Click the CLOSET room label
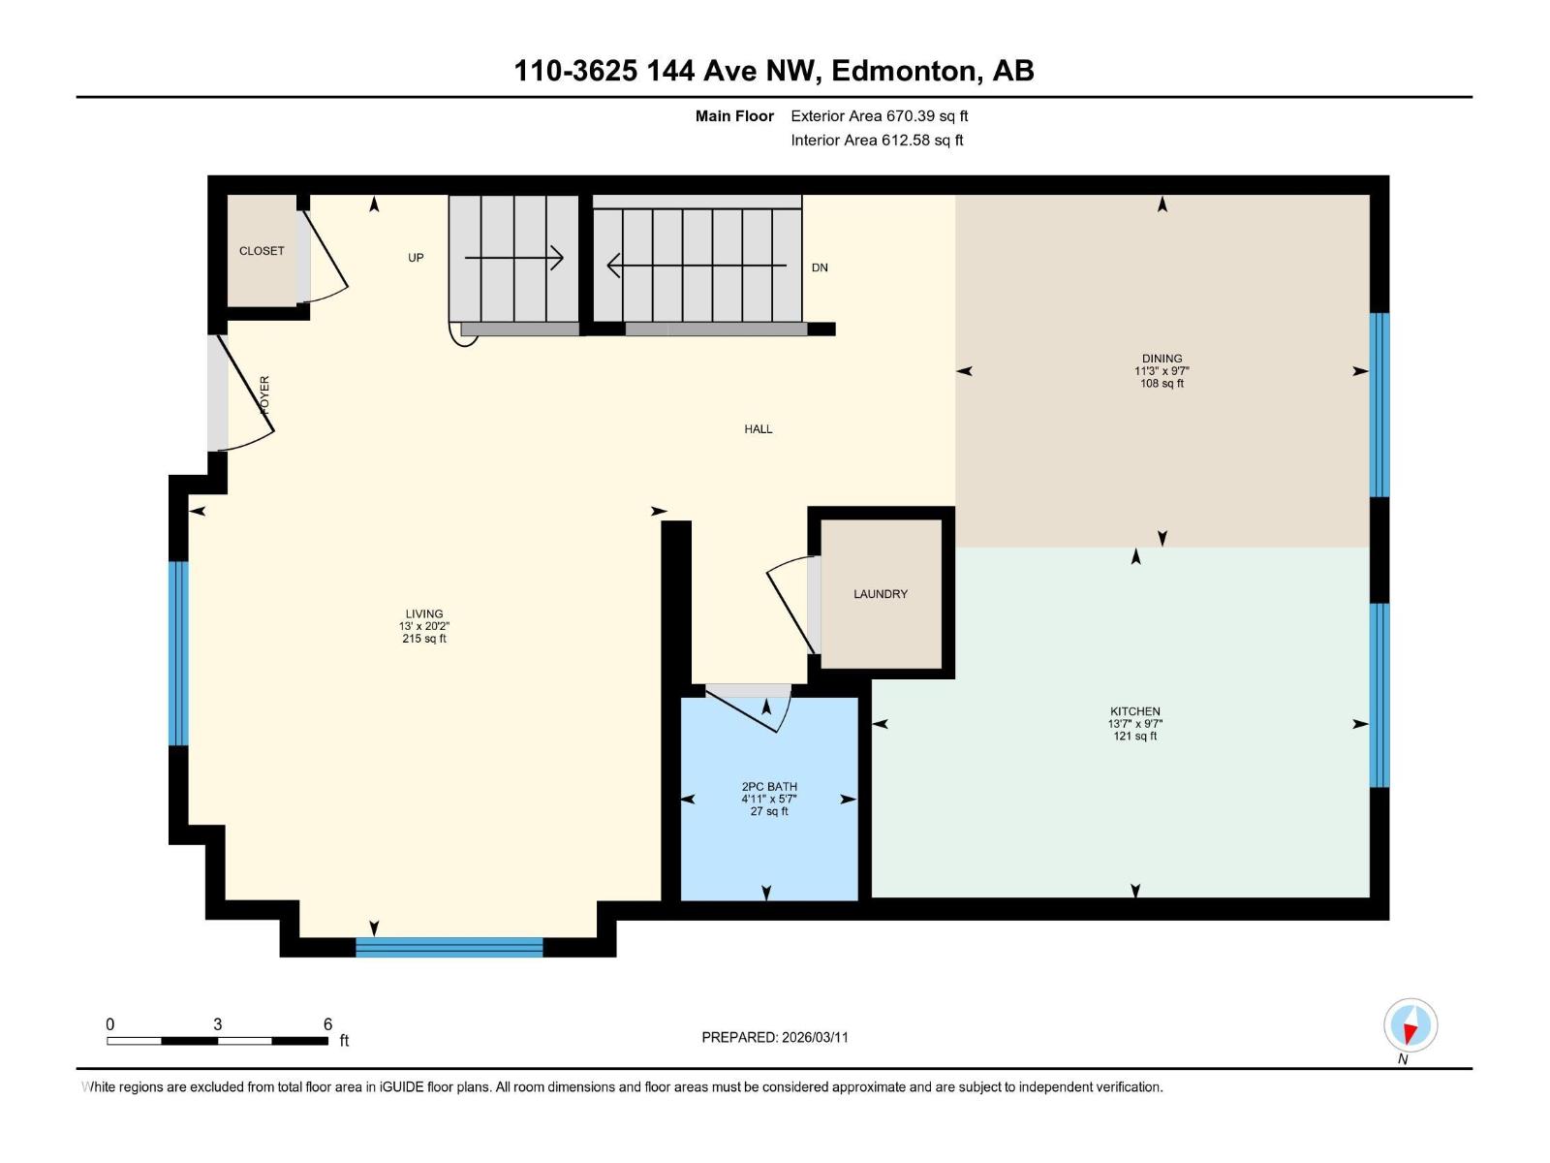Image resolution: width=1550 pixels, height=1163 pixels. click(262, 251)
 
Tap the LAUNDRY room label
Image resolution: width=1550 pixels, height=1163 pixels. click(880, 594)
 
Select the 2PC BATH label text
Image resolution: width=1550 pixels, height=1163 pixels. click(769, 787)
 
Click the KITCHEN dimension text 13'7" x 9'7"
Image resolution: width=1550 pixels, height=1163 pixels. click(1134, 724)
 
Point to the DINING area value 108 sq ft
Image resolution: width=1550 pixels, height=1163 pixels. click(1162, 384)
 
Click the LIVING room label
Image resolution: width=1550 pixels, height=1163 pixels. click(423, 613)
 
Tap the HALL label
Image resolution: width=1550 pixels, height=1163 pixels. click(758, 429)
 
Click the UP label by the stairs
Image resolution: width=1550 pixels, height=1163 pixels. click(416, 258)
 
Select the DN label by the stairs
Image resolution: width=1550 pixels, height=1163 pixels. click(820, 267)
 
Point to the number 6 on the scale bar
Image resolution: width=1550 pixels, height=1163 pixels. click(327, 1024)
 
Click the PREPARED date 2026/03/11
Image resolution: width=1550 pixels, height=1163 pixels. click(815, 1037)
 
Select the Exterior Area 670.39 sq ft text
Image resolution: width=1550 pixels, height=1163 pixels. click(879, 116)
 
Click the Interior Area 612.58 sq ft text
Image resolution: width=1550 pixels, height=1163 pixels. click(877, 141)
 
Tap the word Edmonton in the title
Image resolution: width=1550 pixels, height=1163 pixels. click(903, 71)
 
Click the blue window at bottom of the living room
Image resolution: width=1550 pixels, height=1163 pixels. click(449, 947)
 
